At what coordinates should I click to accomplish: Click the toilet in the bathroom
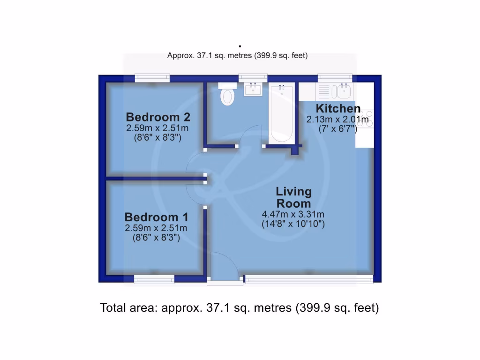[227, 94]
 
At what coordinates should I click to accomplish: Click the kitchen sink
[340, 90]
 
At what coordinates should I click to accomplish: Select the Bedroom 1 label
[156, 217]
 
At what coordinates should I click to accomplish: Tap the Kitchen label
[338, 109]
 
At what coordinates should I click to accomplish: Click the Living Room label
[293, 197]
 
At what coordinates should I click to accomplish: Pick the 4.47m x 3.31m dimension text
[293, 215]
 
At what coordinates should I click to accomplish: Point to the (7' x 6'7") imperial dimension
[337, 129]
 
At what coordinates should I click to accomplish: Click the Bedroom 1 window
[154, 279]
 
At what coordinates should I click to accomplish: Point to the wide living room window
[309, 280]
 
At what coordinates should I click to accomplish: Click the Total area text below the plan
[240, 308]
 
